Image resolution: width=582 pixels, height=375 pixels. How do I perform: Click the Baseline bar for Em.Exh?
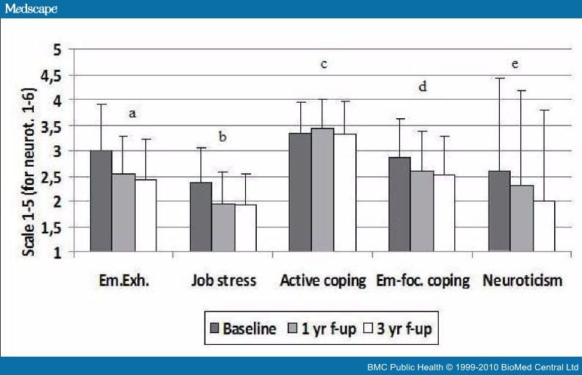click(101, 201)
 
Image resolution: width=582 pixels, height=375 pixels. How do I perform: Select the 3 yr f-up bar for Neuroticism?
click(544, 226)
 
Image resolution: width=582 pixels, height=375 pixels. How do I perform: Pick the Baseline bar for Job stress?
click(200, 216)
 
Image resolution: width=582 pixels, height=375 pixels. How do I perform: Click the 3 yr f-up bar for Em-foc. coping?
click(444, 213)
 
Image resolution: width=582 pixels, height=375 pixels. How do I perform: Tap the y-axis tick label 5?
click(57, 49)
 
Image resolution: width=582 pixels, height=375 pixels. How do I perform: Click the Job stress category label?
click(224, 280)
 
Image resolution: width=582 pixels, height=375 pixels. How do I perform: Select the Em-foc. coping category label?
click(422, 280)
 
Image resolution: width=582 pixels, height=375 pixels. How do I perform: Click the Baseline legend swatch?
click(214, 329)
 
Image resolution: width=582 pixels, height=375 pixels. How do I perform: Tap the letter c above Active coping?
click(323, 64)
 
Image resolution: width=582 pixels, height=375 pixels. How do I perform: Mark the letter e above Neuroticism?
click(515, 64)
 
